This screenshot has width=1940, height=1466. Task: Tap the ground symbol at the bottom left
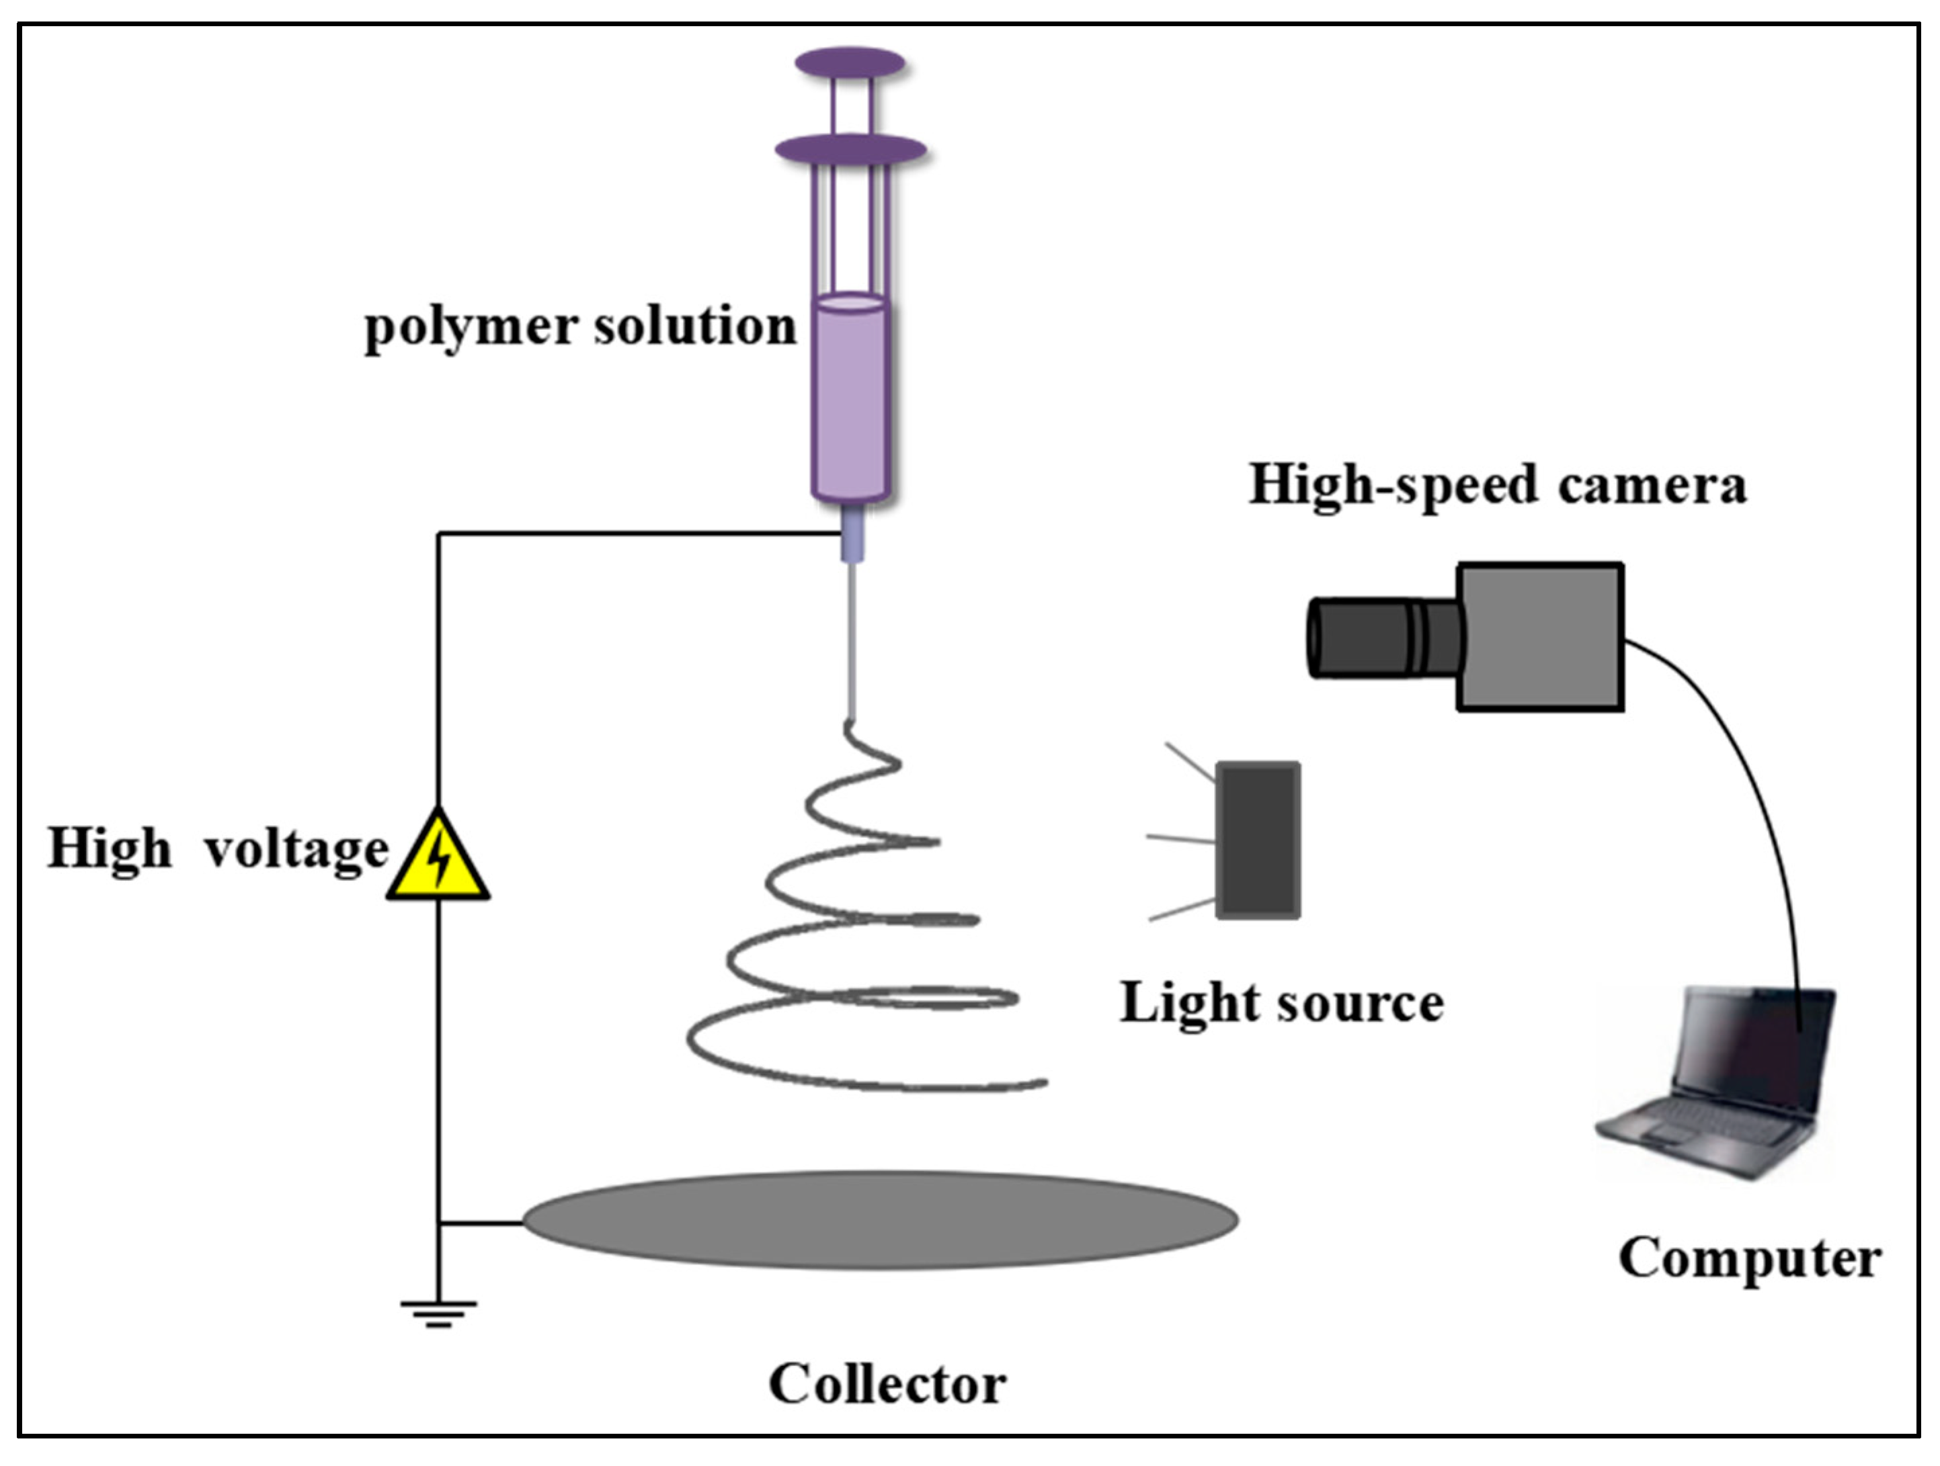438,1311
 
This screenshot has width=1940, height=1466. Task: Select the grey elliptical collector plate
880,1219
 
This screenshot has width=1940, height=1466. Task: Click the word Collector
887,1385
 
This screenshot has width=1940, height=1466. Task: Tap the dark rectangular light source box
1258,840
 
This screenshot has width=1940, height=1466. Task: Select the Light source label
1281,1002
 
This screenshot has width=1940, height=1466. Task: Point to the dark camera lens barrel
1381,636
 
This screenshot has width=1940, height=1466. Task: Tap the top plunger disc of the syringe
850,63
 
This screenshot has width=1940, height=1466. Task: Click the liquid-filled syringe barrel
851,399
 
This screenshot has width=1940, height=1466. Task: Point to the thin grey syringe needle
851,640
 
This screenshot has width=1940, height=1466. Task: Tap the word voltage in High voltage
296,849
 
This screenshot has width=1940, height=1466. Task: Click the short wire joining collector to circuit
481,1222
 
